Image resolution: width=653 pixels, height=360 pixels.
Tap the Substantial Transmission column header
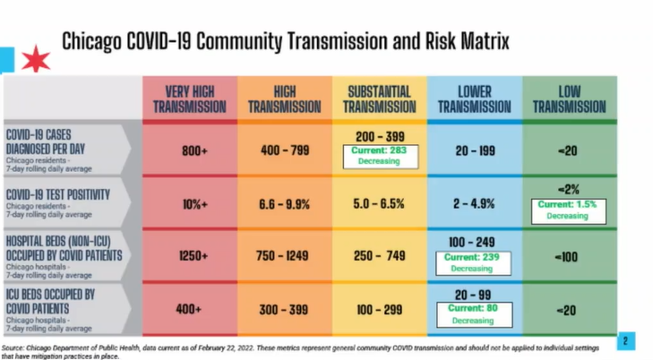tap(379, 99)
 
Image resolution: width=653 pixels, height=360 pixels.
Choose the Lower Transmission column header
tap(475, 99)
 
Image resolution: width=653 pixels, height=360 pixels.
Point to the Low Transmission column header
tap(569, 99)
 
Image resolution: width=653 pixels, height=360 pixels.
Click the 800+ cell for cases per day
tap(194, 150)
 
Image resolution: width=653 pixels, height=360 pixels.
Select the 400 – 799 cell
tap(284, 150)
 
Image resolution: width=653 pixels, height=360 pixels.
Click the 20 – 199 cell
tap(475, 150)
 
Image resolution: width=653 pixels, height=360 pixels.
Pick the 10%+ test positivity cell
tap(194, 203)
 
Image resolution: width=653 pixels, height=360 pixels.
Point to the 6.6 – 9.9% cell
tap(284, 203)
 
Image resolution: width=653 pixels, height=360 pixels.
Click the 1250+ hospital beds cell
tap(194, 256)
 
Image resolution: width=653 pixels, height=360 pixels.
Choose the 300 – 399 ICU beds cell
tap(284, 309)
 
